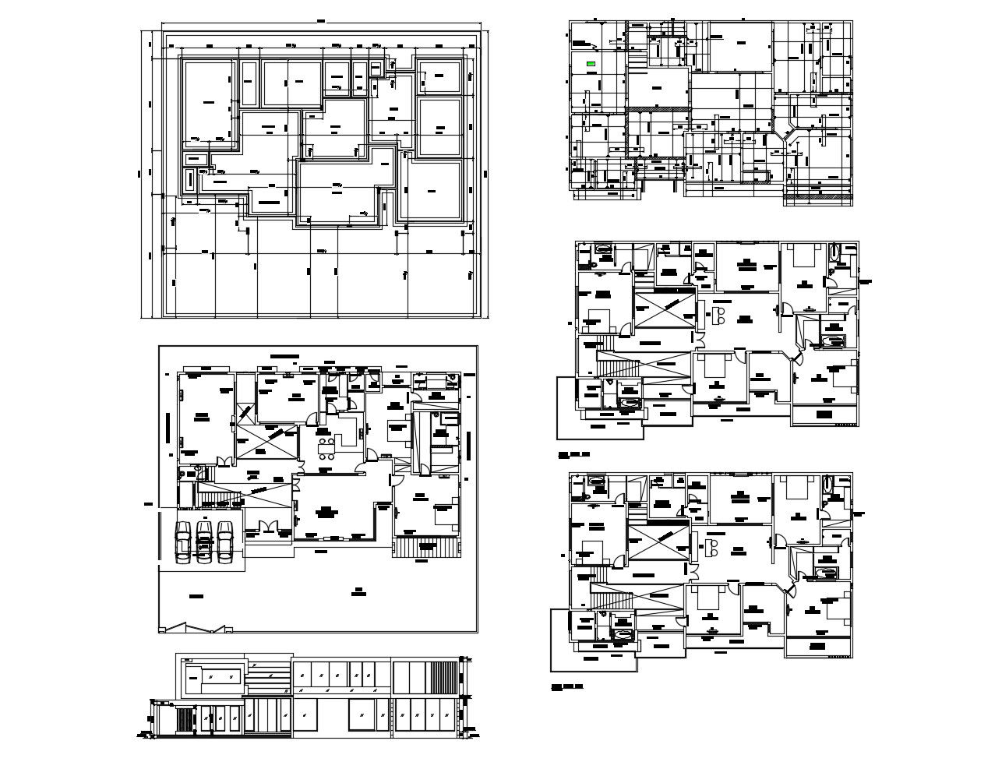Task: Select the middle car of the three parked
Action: [x=204, y=541]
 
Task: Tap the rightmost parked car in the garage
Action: [x=225, y=541]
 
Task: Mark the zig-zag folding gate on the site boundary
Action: [x=195, y=627]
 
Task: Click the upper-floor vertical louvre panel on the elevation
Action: [x=444, y=674]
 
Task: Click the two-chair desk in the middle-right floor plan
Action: [x=718, y=316]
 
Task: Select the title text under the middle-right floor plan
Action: [x=573, y=453]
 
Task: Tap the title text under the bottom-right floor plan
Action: [x=566, y=687]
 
